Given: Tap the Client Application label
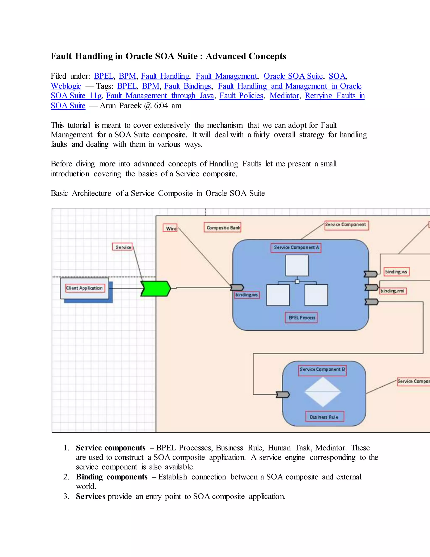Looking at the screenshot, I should (85, 288).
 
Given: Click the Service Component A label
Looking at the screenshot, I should (296, 247).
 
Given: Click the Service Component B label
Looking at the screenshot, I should (322, 369).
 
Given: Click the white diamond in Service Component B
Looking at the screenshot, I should (323, 392).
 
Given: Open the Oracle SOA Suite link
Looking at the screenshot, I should (293, 76).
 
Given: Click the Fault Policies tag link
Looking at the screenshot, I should (241, 96).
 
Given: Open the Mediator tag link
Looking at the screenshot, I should (284, 96).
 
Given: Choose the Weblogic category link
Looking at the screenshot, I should (66, 86).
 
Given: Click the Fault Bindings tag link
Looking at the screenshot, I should (187, 86).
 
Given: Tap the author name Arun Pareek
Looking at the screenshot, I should (121, 106).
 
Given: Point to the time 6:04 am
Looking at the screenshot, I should (168, 106).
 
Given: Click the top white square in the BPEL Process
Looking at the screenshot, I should (297, 265).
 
